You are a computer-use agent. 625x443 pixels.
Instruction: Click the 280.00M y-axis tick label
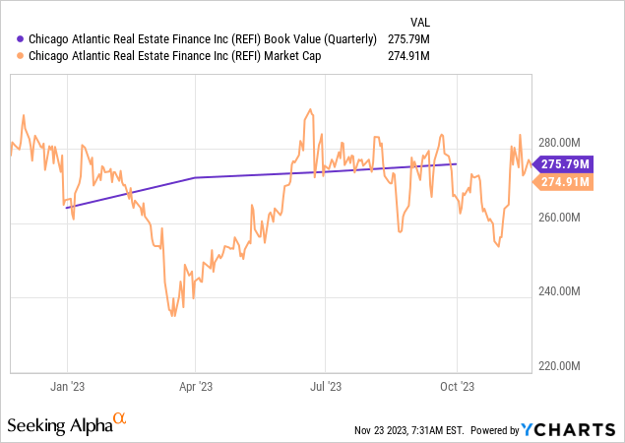[562, 141]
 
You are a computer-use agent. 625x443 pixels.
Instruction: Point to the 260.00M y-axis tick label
[562, 217]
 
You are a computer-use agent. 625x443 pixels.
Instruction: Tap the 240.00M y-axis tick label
[562, 291]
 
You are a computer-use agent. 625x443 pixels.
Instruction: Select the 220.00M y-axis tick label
[562, 366]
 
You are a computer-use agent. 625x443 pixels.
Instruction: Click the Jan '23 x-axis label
[67, 388]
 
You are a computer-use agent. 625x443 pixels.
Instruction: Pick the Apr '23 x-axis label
[196, 388]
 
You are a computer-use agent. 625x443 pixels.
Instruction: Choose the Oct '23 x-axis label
[457, 388]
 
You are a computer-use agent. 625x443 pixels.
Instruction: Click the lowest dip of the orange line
[173, 315]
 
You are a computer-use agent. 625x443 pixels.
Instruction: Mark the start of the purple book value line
[66, 208]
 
